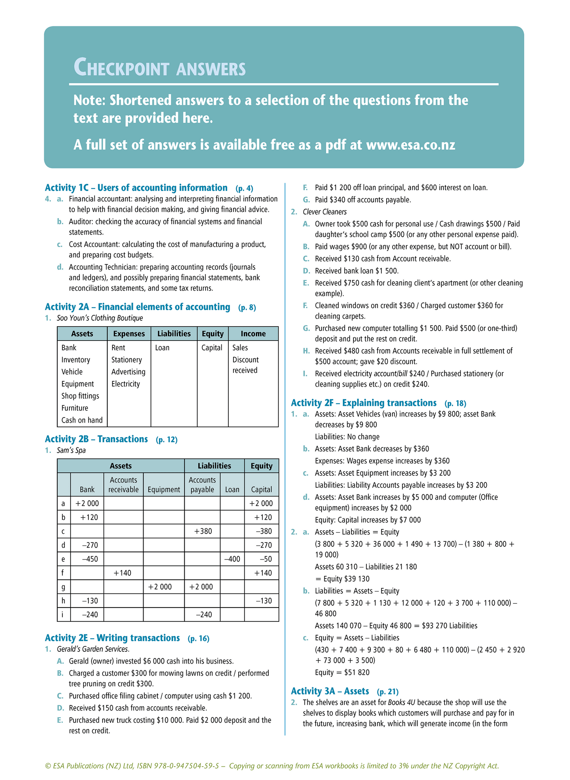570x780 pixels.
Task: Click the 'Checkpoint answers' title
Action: [159, 67]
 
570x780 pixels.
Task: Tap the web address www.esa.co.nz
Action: [411, 145]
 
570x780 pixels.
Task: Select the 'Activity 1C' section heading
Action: [136, 188]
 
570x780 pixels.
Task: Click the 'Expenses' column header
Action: [129, 334]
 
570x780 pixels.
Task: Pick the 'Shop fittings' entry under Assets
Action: [80, 396]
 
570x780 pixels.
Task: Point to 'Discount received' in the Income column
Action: [245, 365]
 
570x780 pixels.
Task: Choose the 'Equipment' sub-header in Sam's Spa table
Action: [164, 490]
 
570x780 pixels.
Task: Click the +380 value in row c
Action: [203, 531]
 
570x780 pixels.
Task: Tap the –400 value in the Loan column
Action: [232, 559]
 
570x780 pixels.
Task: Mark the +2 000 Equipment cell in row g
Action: [160, 587]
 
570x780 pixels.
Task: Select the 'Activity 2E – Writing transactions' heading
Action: [112, 638]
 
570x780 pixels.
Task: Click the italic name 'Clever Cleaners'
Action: [325, 212]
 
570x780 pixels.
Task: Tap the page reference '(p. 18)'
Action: [455, 403]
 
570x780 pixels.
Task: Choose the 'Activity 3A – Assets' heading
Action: [330, 691]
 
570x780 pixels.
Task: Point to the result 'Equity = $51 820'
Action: [342, 672]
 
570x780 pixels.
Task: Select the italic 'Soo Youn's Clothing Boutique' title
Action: [100, 318]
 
